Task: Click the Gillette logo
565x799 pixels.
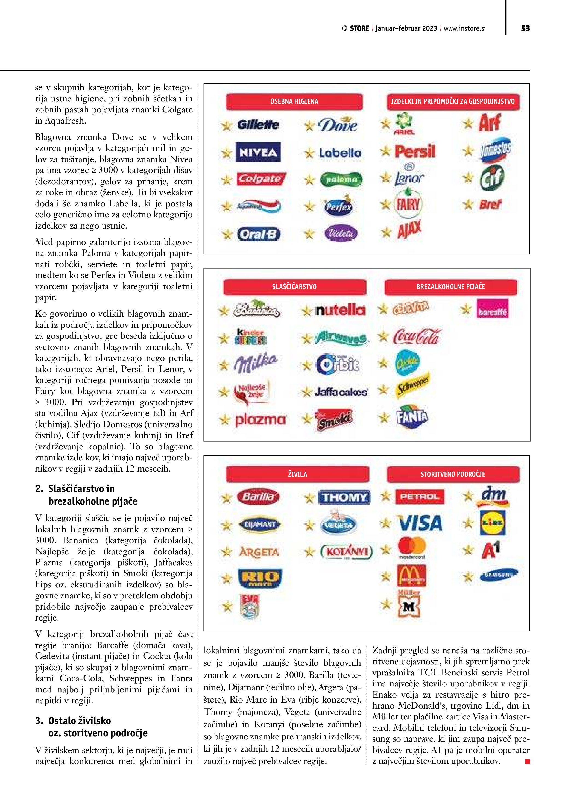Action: click(x=258, y=125)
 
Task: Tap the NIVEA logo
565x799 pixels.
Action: click(x=258, y=152)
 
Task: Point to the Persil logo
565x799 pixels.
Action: click(x=415, y=151)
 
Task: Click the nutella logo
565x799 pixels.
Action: click(x=340, y=310)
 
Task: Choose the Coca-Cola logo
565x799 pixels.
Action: click(x=417, y=336)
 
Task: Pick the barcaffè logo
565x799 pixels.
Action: click(x=492, y=309)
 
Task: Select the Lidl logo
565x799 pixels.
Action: click(x=492, y=523)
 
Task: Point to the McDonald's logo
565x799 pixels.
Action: click(x=412, y=576)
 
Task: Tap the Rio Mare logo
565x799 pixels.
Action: click(x=260, y=578)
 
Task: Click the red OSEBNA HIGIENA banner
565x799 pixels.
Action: click(x=294, y=102)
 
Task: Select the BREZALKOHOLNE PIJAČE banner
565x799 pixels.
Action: click(x=450, y=287)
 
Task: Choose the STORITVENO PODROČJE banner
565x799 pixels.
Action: click(x=453, y=474)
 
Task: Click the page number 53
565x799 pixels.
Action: click(x=525, y=28)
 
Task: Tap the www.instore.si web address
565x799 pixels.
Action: click(x=464, y=28)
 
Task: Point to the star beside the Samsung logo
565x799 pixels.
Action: click(x=468, y=576)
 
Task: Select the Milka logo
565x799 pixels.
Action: click(x=256, y=363)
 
